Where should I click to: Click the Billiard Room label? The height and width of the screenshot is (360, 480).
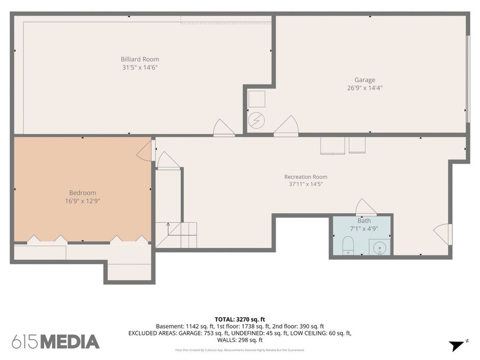(x=140, y=59)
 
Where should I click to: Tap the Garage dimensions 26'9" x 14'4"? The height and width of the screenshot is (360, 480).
(x=365, y=88)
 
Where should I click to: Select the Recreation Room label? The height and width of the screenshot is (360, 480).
(x=306, y=177)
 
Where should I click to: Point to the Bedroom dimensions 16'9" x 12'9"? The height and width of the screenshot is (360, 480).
(x=83, y=201)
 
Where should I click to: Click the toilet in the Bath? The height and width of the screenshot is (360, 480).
(x=348, y=245)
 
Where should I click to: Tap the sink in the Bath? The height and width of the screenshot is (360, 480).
(x=380, y=247)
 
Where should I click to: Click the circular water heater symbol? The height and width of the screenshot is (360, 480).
(x=256, y=121)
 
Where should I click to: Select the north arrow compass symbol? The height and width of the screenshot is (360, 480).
(x=458, y=345)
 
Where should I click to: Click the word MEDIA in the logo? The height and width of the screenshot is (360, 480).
(x=70, y=342)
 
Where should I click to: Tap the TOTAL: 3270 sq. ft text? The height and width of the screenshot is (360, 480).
(x=239, y=319)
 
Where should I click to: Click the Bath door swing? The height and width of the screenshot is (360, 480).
(x=365, y=207)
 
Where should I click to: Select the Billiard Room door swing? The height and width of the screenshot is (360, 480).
(x=224, y=127)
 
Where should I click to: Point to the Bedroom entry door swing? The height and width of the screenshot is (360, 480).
(x=145, y=150)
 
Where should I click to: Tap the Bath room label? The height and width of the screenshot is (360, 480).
(x=364, y=221)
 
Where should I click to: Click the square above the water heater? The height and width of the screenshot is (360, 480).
(x=257, y=99)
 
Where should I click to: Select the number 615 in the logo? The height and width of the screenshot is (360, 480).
(x=26, y=342)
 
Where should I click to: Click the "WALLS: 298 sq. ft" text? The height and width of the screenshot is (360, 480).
(x=239, y=340)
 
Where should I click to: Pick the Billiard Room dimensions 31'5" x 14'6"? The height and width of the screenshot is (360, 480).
(x=140, y=68)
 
